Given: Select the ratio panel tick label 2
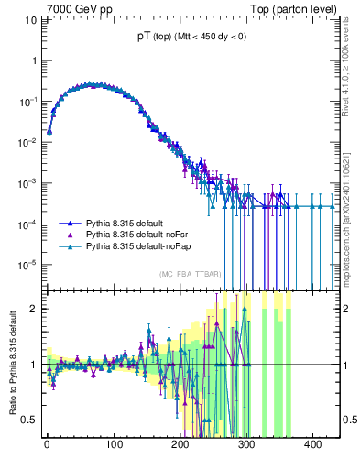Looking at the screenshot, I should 31,308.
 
